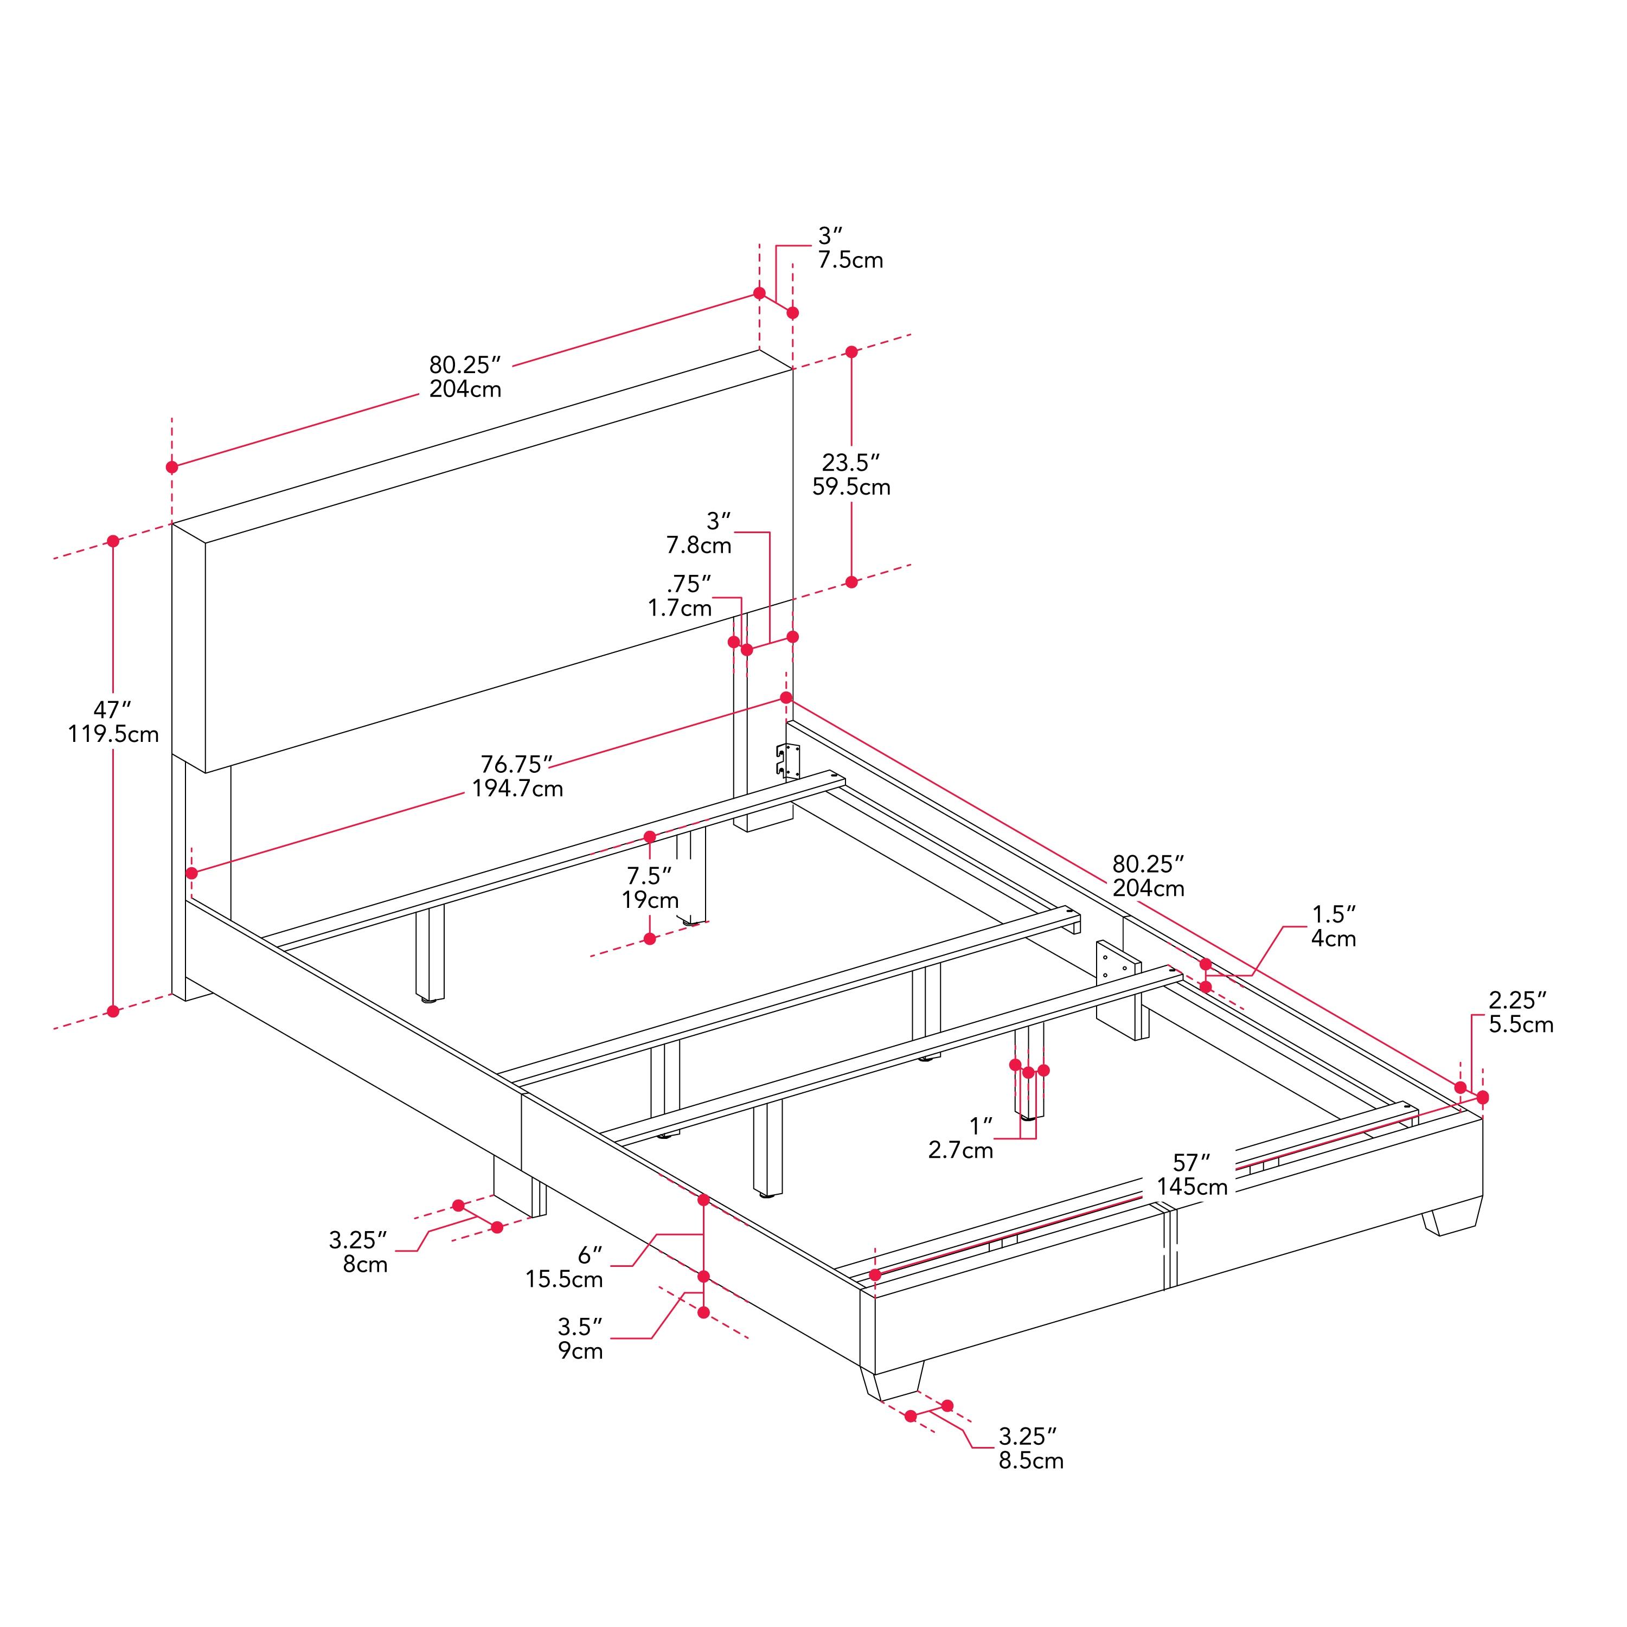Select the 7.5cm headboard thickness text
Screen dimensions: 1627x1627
click(x=850, y=260)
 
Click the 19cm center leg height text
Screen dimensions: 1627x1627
click(x=650, y=900)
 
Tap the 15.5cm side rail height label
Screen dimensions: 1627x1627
click(x=564, y=1279)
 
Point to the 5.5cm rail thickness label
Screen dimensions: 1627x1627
click(x=1521, y=1025)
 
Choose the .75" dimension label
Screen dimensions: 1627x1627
click(x=689, y=584)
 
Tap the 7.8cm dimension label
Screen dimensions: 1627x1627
click(x=699, y=546)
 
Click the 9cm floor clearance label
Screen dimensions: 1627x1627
click(x=581, y=1351)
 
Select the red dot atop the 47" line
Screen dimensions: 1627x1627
click(x=113, y=541)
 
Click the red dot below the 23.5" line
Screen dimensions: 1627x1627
click(x=851, y=582)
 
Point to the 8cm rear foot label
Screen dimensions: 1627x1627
click(x=364, y=1264)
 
